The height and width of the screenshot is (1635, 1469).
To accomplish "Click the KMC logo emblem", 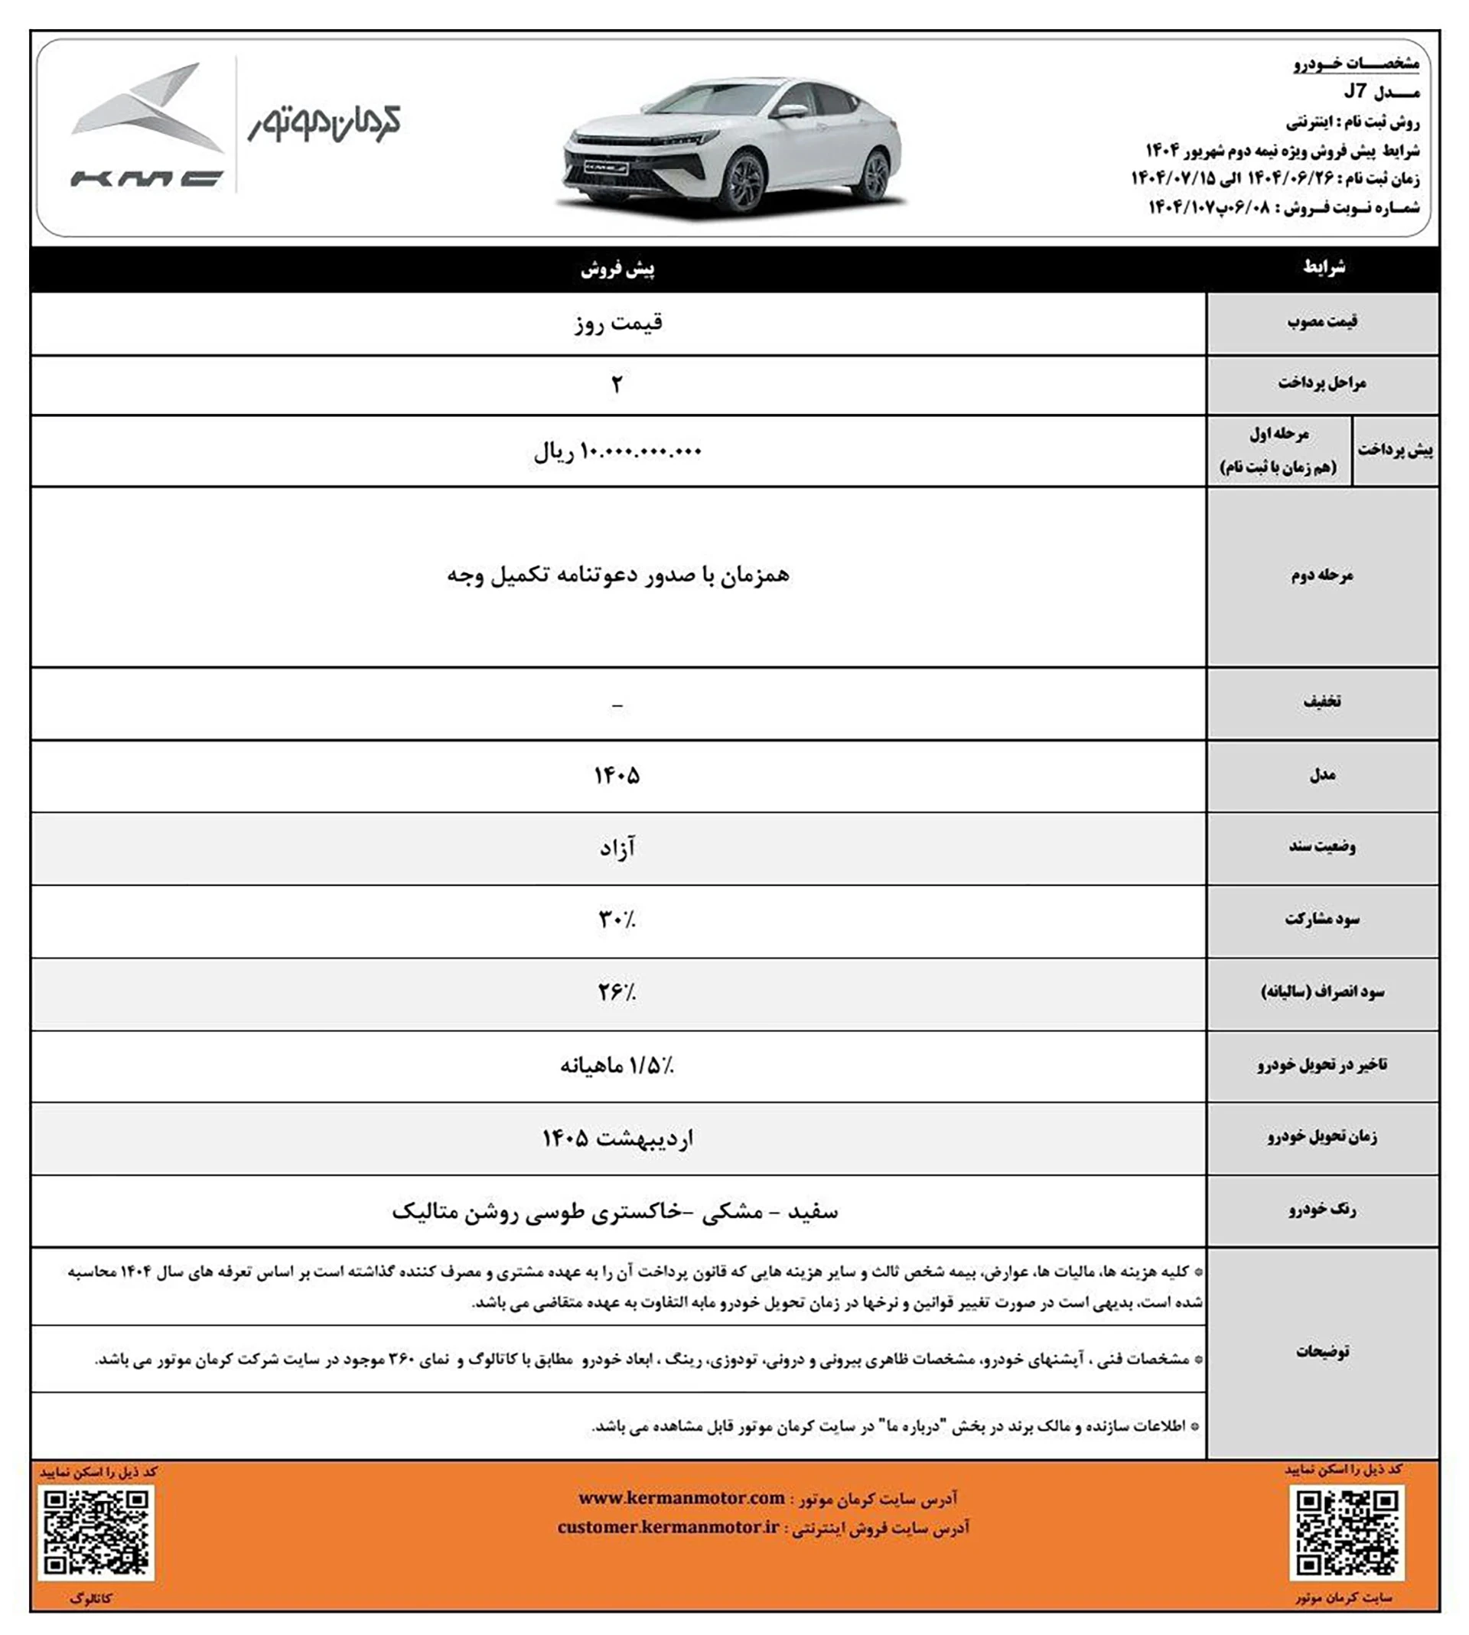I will [145, 125].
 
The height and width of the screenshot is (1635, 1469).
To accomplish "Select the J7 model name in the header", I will [1355, 92].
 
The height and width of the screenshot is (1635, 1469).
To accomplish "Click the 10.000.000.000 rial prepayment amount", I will [617, 452].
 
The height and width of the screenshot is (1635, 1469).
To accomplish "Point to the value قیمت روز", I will [618, 324].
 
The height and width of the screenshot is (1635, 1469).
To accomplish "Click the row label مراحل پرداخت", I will [1321, 383].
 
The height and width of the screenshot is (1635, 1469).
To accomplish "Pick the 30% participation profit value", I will [617, 919].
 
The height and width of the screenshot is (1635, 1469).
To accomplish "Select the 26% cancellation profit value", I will [617, 992].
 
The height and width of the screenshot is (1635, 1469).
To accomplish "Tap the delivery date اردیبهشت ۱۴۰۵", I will [617, 1138].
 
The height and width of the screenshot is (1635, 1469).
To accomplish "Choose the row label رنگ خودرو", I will [1322, 1210].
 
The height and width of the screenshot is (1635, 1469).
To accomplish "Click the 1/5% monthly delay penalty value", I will [617, 1066].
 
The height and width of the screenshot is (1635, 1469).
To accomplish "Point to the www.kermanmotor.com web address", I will [681, 1499].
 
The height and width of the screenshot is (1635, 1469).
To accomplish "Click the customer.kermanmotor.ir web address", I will [668, 1528].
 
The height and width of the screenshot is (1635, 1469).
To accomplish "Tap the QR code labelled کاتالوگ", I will [96, 1532].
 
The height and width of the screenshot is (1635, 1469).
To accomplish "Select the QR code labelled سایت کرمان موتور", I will [1346, 1532].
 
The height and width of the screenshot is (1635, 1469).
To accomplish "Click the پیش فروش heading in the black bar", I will [617, 269].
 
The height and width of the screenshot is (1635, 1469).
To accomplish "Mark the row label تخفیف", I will [1322, 702].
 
